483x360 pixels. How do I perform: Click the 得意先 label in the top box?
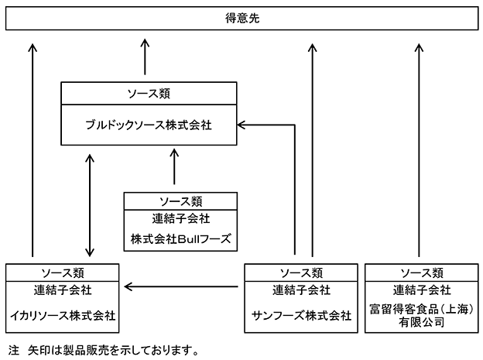[x=242, y=19]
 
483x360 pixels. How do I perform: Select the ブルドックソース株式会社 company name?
[x=149, y=125]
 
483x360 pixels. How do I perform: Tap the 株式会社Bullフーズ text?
[x=180, y=239]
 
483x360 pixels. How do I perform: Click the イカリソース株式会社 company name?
[x=63, y=315]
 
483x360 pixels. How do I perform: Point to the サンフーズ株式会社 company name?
[x=301, y=315]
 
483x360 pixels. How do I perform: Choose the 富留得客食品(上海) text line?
[x=421, y=309]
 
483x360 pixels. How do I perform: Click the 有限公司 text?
[x=421, y=322]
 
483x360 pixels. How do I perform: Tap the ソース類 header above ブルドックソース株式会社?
[x=149, y=94]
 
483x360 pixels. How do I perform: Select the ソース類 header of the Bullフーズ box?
[x=180, y=201]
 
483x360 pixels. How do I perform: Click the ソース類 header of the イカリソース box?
[x=63, y=273]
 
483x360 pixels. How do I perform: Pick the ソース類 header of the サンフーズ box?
[x=301, y=273]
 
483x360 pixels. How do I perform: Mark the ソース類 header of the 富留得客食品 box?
[x=422, y=273]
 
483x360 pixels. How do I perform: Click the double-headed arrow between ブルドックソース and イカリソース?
[x=90, y=205]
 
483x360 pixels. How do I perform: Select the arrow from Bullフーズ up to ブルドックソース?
[x=174, y=166]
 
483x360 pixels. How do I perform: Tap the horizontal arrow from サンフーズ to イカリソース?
[x=181, y=287]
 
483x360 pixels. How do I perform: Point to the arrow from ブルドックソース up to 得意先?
[x=145, y=57]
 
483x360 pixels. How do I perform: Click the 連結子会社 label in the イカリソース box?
[x=63, y=290]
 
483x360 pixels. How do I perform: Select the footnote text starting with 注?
[x=104, y=350]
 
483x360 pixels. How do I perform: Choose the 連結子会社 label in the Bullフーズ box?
[x=180, y=218]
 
